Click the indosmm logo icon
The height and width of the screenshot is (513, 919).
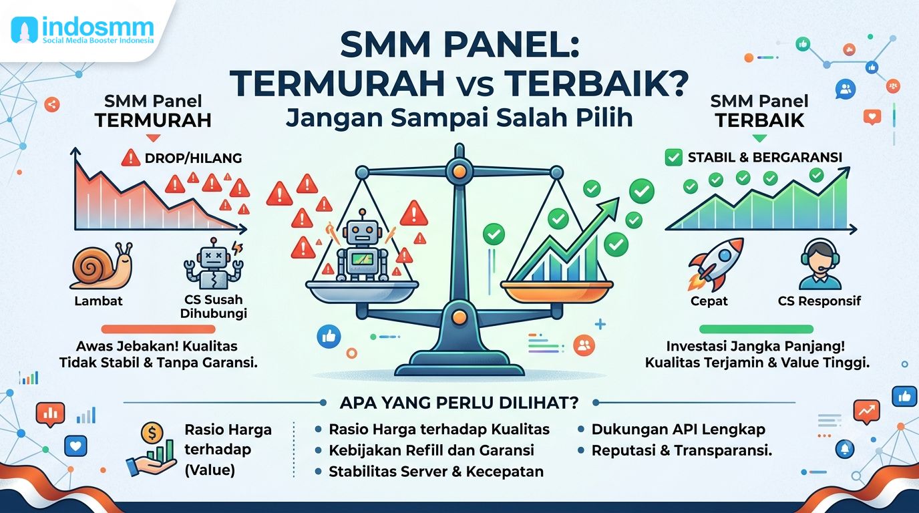tap(25, 29)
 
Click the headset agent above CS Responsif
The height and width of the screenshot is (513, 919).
tap(820, 265)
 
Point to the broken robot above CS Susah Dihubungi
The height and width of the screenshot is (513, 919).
tap(214, 263)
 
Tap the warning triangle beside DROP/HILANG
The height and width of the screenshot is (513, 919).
tap(131, 158)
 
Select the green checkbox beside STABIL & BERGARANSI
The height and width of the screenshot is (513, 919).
tap(673, 157)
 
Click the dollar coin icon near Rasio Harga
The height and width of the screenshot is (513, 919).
tap(152, 433)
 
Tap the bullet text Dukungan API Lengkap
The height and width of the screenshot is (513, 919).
tap(678, 430)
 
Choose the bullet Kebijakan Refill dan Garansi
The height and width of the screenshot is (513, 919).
tap(431, 450)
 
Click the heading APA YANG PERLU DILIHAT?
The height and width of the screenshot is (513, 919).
tap(459, 403)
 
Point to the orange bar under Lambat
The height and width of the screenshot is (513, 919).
tap(158, 329)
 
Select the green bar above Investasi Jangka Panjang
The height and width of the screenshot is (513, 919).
tap(756, 329)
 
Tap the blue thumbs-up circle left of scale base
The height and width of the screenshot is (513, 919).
tap(329, 337)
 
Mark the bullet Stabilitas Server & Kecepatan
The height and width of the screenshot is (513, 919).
tap(436, 472)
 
